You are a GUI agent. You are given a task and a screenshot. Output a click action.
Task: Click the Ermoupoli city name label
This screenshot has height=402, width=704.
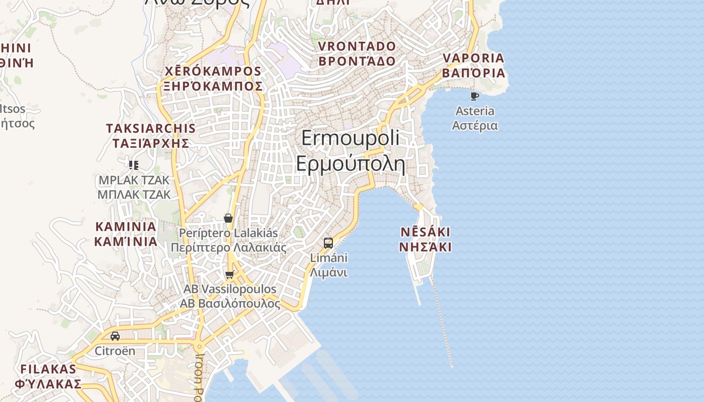[350, 151]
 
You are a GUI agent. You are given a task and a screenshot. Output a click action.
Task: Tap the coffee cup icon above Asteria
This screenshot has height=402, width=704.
[474, 96]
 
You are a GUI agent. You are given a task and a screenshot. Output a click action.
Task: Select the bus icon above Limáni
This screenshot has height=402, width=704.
[328, 243]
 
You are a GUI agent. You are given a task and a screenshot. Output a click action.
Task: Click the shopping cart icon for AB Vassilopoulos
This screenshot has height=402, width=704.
[230, 274]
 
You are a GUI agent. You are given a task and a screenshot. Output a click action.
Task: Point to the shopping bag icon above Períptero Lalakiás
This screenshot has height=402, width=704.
[228, 218]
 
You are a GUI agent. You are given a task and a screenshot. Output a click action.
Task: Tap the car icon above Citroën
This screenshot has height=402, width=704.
[115, 336]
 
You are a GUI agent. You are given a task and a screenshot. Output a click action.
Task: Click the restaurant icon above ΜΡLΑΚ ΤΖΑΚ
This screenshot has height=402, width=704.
[134, 165]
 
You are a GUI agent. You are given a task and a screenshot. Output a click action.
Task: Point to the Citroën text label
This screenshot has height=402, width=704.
[115, 351]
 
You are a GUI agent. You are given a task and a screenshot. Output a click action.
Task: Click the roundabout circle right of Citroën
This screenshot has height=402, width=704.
[199, 346]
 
